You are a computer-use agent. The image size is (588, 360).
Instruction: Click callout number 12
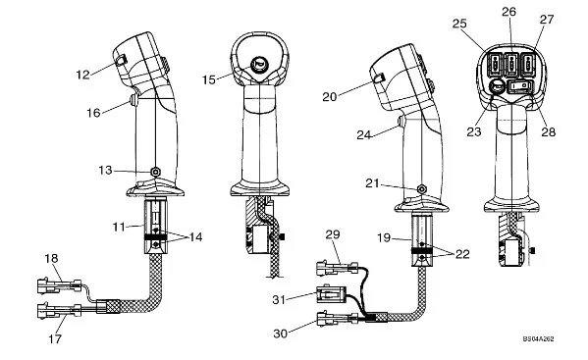pyautogui.click(x=82, y=75)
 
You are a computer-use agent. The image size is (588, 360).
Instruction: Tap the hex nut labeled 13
pyautogui.click(x=155, y=172)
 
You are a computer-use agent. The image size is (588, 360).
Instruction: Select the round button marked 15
pyautogui.click(x=259, y=64)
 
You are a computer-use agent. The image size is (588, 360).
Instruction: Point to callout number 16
pyautogui.click(x=93, y=113)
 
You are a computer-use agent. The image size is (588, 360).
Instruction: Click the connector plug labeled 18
pyautogui.click(x=59, y=286)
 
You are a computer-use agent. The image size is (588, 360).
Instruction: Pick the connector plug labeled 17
pyautogui.click(x=59, y=311)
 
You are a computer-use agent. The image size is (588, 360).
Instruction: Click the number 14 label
pyautogui.click(x=195, y=237)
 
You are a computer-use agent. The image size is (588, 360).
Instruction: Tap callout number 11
pyautogui.click(x=119, y=227)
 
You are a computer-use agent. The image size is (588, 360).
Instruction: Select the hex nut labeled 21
pyautogui.click(x=422, y=189)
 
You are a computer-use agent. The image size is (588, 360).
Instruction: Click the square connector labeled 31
pyautogui.click(x=331, y=294)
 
